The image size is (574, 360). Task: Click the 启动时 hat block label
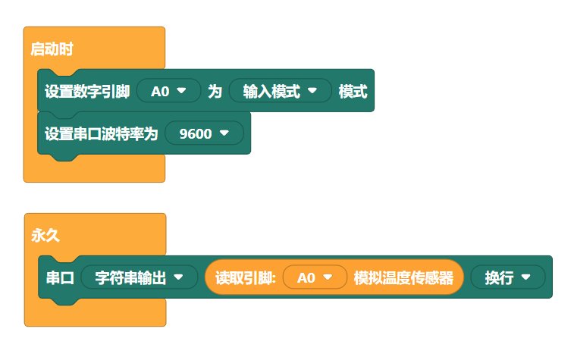tap(52, 50)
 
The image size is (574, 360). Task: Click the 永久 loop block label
tap(45, 236)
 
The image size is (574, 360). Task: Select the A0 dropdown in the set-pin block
tap(168, 92)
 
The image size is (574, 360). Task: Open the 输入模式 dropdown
tap(280, 92)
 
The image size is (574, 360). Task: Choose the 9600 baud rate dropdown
tap(204, 133)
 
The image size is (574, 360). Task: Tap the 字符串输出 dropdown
tap(139, 277)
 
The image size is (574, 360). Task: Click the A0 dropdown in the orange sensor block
tap(315, 277)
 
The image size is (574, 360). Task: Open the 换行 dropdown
tap(507, 277)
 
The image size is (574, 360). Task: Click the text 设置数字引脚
tap(87, 92)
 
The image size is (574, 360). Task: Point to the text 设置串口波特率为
tap(101, 133)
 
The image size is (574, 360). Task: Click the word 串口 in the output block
tap(59, 277)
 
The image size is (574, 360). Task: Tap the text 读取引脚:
tap(244, 277)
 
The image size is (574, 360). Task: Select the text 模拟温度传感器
tap(403, 277)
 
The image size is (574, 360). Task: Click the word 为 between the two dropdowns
tap(215, 92)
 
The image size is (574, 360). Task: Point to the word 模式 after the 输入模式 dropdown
tap(353, 92)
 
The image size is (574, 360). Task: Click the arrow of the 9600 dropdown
tap(224, 133)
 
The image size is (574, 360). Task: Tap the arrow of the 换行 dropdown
tap(525, 277)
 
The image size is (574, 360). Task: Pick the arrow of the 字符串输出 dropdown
tap(179, 277)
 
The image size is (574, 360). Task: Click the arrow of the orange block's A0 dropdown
tap(328, 277)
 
